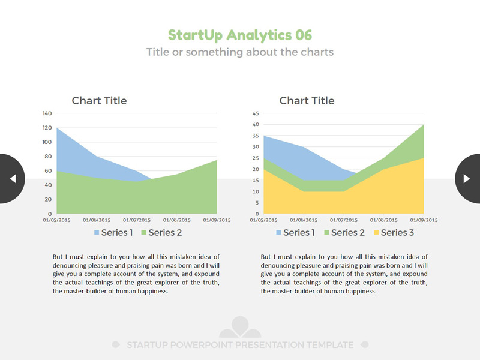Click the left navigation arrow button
point(12,178)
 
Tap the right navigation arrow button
point(467,178)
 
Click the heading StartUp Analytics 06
point(240,35)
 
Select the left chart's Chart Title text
point(99,101)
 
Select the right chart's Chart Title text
point(307,101)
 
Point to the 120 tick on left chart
point(46,128)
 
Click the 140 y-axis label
point(46,113)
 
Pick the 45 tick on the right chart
point(255,113)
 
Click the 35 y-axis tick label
point(255,136)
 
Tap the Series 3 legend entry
point(394,233)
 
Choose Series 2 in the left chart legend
point(161,233)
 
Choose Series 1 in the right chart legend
point(295,233)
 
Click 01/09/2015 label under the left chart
point(217,220)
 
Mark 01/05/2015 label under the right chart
point(265,220)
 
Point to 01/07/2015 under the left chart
point(137,220)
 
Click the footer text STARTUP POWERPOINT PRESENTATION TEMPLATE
point(240,345)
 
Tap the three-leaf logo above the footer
point(240,328)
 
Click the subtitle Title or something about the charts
point(240,52)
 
